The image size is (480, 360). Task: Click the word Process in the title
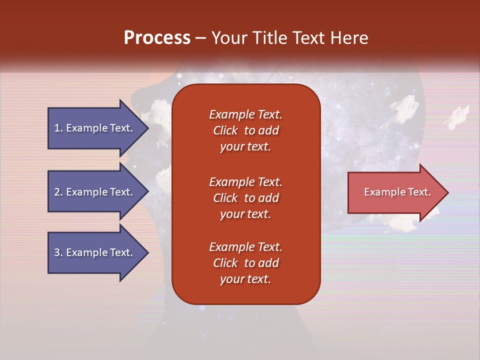pos(157,38)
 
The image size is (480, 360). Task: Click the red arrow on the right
pos(395,192)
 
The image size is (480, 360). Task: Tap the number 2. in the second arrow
pos(58,192)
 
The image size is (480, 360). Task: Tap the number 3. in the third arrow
pos(58,252)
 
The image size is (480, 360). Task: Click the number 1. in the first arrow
pos(58,128)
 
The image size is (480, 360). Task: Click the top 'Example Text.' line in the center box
pos(245,114)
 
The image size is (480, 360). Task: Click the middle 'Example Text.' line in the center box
pos(245,181)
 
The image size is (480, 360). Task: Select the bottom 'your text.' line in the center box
pos(245,279)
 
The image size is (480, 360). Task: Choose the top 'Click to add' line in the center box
pos(245,130)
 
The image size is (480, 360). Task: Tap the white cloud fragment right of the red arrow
pos(457,116)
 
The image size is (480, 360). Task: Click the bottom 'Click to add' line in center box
pos(245,263)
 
